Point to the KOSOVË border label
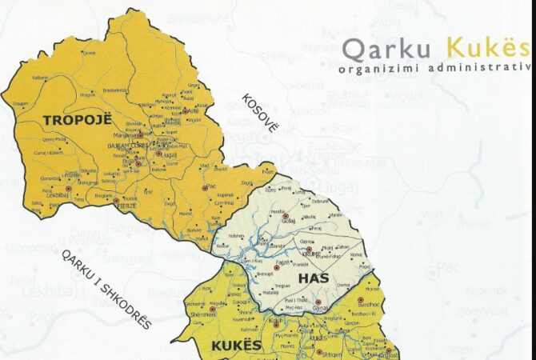(260, 113)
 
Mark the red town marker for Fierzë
(115, 201)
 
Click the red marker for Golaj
(285, 215)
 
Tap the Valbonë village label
(39, 78)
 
